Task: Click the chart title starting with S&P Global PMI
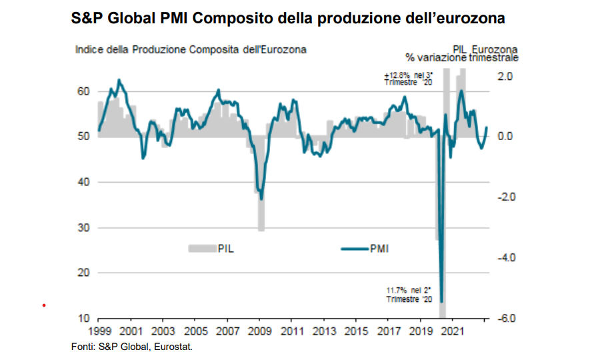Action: [x=287, y=19]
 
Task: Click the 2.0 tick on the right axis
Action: [x=506, y=76]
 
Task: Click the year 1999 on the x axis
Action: [x=99, y=331]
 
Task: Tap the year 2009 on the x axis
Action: [x=259, y=331]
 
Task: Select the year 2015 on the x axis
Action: [x=356, y=331]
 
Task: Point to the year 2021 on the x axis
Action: [x=453, y=331]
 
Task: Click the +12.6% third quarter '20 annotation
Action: [x=408, y=78]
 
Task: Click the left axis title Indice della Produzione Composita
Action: [x=191, y=50]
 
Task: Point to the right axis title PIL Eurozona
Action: [x=495, y=50]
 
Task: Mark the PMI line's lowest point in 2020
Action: [x=441, y=302]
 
